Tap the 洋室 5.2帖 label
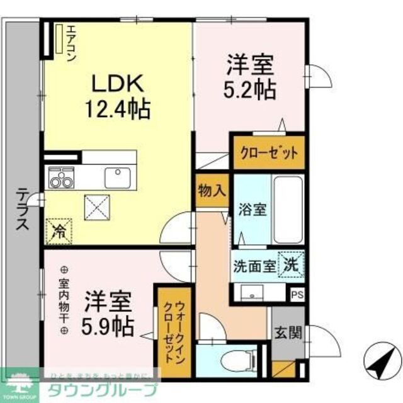pyautogui.click(x=249, y=77)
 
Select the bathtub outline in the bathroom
pyautogui.click(x=289, y=211)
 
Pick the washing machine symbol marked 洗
pyautogui.click(x=292, y=263)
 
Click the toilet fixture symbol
pyautogui.click(x=224, y=361)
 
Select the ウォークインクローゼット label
pyautogui.click(x=171, y=331)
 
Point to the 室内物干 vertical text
pyautogui.click(x=63, y=298)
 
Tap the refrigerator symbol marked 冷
pyautogui.click(x=59, y=229)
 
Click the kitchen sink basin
pyautogui.click(x=117, y=178)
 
